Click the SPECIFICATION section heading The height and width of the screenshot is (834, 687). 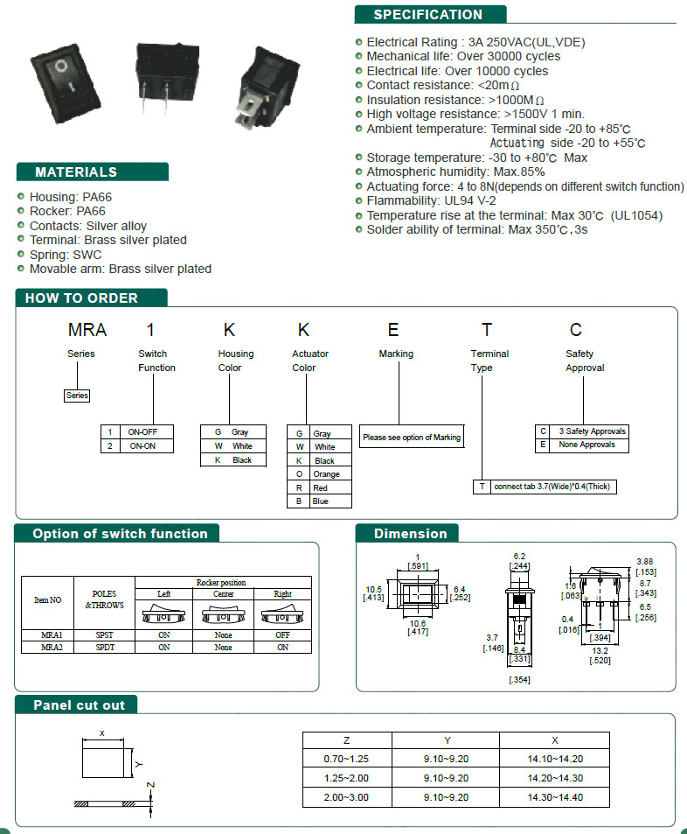coord(427,15)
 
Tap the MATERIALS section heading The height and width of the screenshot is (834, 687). coord(76,172)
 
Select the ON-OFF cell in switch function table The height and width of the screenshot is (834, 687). coord(142,432)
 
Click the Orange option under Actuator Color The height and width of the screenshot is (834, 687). coord(326,474)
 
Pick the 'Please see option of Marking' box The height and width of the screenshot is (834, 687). coord(412,437)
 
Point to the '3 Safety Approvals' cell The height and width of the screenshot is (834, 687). coord(592,431)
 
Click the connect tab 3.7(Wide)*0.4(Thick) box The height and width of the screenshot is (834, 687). coord(552,487)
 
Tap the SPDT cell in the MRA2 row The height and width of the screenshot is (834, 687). coord(105,648)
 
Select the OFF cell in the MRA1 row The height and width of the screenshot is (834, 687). coord(282,635)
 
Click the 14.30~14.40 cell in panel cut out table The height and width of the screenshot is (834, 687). coord(555,797)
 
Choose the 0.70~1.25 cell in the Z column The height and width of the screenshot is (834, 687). coord(346,759)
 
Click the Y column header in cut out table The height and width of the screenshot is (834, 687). coord(447,740)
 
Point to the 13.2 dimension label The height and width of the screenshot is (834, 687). coord(600,651)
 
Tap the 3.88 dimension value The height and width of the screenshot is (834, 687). coord(644,562)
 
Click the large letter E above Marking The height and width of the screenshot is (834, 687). coord(392,330)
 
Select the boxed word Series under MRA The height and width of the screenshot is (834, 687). coord(77,396)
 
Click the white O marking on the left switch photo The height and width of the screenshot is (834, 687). coord(61,66)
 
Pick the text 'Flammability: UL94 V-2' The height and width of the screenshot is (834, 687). coord(431,201)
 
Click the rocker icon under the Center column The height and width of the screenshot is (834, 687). coord(223,615)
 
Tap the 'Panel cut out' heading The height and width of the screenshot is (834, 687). coord(80,705)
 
